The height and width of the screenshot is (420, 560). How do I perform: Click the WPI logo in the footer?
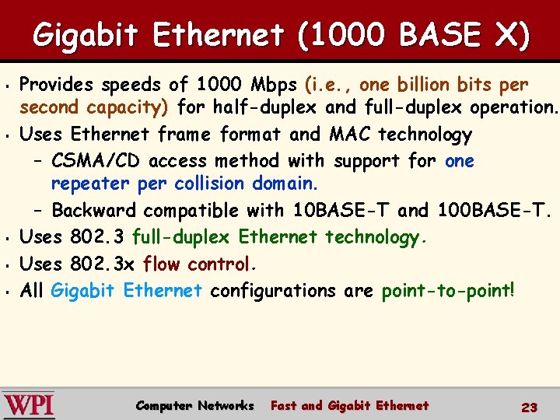[29, 404]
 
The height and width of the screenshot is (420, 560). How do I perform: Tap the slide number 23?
[530, 407]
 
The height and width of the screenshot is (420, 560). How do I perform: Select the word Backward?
[94, 210]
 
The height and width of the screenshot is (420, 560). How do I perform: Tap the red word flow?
[161, 264]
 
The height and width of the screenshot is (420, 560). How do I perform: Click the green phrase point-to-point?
[447, 291]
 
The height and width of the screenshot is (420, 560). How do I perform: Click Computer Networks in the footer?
[194, 405]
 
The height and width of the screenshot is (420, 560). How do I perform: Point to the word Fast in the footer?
[283, 405]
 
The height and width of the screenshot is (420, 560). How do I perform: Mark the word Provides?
[56, 84]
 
